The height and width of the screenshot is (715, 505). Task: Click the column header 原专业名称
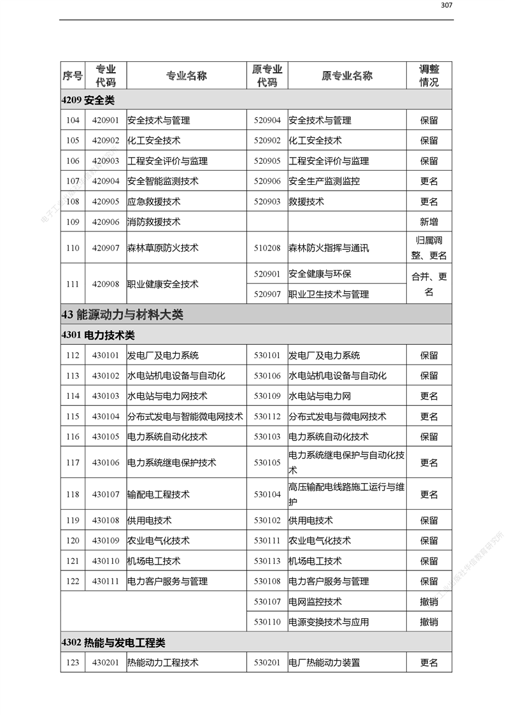pyautogui.click(x=346, y=76)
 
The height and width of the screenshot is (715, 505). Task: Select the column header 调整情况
pyautogui.click(x=429, y=76)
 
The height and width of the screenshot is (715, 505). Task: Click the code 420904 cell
pyautogui.click(x=106, y=181)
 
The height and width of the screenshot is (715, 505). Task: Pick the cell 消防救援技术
pyautogui.click(x=153, y=222)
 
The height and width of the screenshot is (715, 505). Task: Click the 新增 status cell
pyautogui.click(x=429, y=222)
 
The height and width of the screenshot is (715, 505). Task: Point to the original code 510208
pyautogui.click(x=267, y=248)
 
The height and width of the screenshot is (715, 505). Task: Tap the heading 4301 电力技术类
pyautogui.click(x=98, y=335)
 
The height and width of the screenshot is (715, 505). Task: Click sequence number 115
pyautogui.click(x=73, y=417)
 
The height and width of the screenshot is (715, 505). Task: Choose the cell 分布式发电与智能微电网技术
pyautogui.click(x=185, y=417)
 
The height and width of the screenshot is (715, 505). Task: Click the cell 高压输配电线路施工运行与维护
pyautogui.click(x=346, y=494)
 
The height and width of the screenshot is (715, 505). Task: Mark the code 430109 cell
pyautogui.click(x=106, y=540)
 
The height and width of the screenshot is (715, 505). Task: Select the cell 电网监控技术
pyautogui.click(x=315, y=602)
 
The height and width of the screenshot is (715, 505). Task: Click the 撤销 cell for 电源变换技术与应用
pyautogui.click(x=429, y=622)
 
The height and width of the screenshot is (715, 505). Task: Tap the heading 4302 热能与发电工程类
pyautogui.click(x=113, y=642)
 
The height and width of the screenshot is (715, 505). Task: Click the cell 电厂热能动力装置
pyautogui.click(x=324, y=663)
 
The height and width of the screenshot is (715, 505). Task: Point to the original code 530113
pyautogui.click(x=267, y=561)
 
